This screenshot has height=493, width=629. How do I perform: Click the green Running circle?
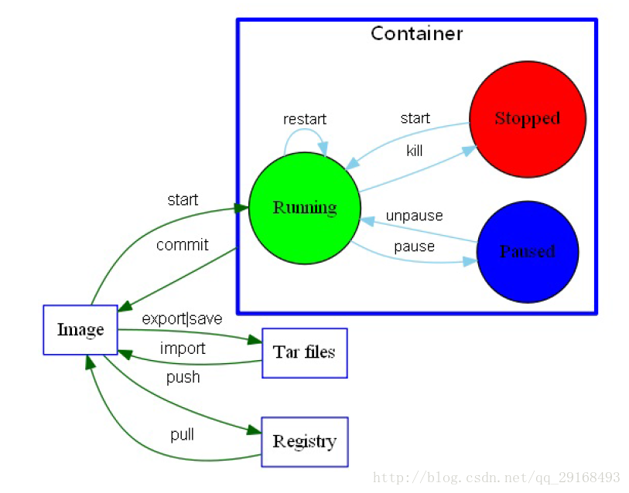(305, 208)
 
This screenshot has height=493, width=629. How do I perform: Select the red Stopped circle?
(528, 119)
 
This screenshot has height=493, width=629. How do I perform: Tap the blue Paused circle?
(528, 252)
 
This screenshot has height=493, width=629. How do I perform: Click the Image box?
(80, 330)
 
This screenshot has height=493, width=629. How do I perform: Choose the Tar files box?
(305, 353)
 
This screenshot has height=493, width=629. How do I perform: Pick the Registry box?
(305, 442)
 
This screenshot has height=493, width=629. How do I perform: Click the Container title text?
(416, 33)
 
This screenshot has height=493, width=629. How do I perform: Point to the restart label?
(305, 119)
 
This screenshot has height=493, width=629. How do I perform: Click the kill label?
(415, 151)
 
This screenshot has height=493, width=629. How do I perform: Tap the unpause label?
(415, 216)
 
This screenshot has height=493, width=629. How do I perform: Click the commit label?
(182, 244)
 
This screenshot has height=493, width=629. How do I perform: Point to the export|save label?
(182, 318)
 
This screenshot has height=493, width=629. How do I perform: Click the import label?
(183, 348)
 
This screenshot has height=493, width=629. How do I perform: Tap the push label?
(183, 378)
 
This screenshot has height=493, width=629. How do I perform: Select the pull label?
(182, 434)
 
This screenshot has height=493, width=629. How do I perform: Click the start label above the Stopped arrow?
(415, 118)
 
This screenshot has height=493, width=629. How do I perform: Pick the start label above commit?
(183, 199)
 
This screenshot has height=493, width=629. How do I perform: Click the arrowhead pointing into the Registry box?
(255, 430)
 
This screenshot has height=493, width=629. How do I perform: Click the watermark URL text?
(497, 478)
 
